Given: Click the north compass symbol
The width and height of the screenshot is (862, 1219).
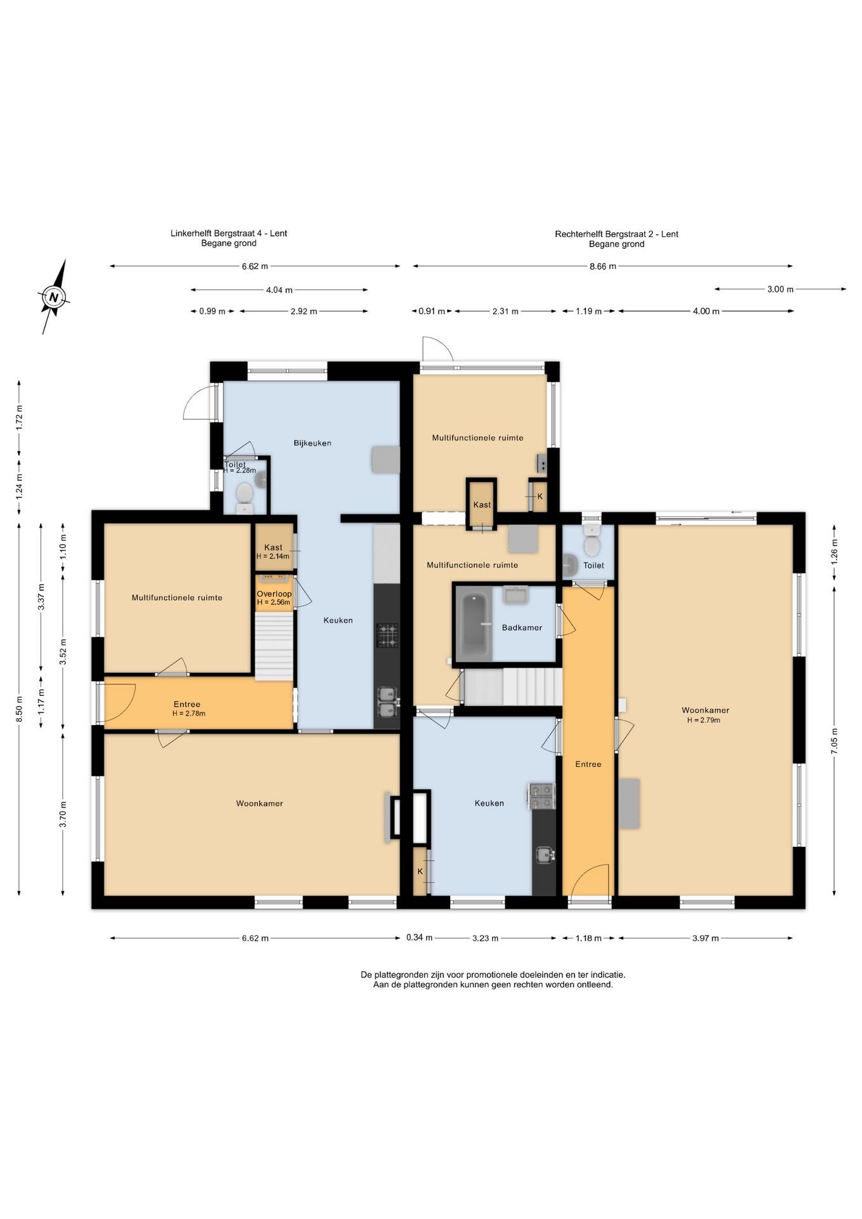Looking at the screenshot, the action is coord(55,297).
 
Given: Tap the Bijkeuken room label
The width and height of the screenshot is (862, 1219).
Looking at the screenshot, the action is coord(312,443).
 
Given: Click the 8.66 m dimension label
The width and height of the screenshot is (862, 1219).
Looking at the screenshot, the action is coord(603,267).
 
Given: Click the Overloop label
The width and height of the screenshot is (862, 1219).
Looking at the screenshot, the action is coord(274,594).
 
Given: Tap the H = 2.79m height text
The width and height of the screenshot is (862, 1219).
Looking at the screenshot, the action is coord(703,721).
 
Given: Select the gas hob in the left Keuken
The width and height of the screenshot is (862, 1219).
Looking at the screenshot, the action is coord(387,636).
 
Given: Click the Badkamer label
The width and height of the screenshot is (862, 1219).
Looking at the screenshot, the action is coord(522,628).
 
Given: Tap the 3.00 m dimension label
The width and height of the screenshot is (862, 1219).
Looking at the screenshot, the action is coord(781,290).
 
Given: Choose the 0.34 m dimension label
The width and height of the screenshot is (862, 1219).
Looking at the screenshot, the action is coord(420,937).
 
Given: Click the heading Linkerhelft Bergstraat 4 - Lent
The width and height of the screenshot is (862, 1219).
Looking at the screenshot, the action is coord(229,234).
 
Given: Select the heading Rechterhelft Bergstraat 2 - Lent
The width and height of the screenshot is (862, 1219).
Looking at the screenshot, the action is coord(616,234).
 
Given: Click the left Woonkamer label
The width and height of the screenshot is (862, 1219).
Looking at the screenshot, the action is coord(260,804).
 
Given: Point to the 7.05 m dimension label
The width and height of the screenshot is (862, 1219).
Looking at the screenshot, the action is coord(835,741).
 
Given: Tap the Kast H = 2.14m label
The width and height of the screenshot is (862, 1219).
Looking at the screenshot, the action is coord(273,552).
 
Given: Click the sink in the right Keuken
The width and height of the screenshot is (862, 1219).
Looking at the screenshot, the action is coord(545,855).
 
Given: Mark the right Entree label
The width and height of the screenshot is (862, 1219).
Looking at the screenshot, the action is coord(588,764).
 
